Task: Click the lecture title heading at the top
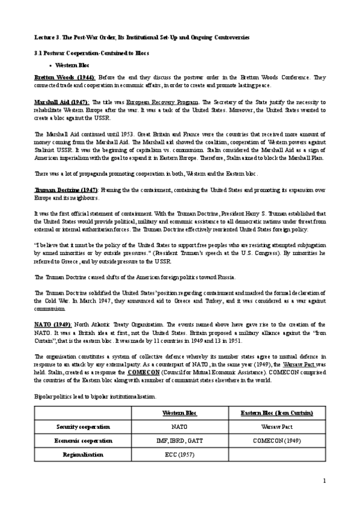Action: pos(141,38)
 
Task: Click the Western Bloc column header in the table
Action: pos(180,413)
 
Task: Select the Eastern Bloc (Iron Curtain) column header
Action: pos(276,413)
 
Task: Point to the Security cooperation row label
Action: pos(83,426)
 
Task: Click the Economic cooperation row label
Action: pos(83,440)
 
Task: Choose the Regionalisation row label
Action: pos(83,454)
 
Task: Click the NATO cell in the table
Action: pos(180,426)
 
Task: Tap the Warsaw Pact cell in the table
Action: pos(276,426)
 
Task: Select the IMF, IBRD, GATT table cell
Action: pos(180,440)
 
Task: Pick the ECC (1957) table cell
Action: pos(180,454)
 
